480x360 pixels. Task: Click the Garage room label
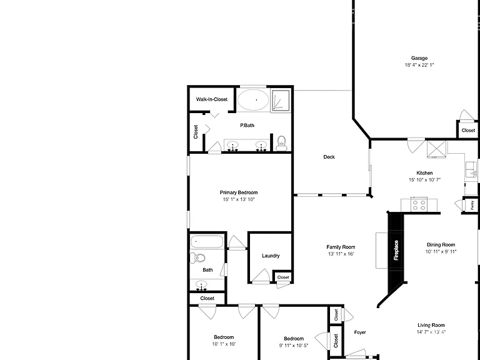pyautogui.click(x=419, y=58)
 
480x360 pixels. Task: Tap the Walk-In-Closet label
pyautogui.click(x=211, y=99)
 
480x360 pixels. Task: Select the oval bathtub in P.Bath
pyautogui.click(x=253, y=100)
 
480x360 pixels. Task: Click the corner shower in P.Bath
pyautogui.click(x=280, y=100)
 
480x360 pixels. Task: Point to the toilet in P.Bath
pyautogui.click(x=281, y=143)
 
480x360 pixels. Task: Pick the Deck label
pyautogui.click(x=329, y=157)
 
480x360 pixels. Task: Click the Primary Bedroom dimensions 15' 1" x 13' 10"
pyautogui.click(x=239, y=199)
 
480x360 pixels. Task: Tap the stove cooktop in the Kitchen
pyautogui.click(x=419, y=204)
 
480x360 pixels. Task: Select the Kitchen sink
pyautogui.click(x=471, y=169)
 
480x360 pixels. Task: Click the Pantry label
pyautogui.click(x=472, y=205)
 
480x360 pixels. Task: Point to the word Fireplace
pyautogui.click(x=396, y=250)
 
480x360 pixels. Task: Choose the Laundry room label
pyautogui.click(x=271, y=256)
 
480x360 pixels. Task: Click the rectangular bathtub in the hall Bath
pyautogui.click(x=207, y=241)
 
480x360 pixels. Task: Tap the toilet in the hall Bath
pyautogui.click(x=197, y=257)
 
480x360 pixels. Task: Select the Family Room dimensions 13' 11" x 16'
pyautogui.click(x=341, y=254)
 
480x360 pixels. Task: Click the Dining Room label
pyautogui.click(x=441, y=244)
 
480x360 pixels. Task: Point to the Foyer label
pyautogui.click(x=360, y=332)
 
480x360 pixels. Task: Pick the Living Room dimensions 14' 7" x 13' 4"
pyautogui.click(x=431, y=332)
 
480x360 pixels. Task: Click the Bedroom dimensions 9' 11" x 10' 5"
pyautogui.click(x=294, y=346)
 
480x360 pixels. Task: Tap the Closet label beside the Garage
pyautogui.click(x=468, y=131)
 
